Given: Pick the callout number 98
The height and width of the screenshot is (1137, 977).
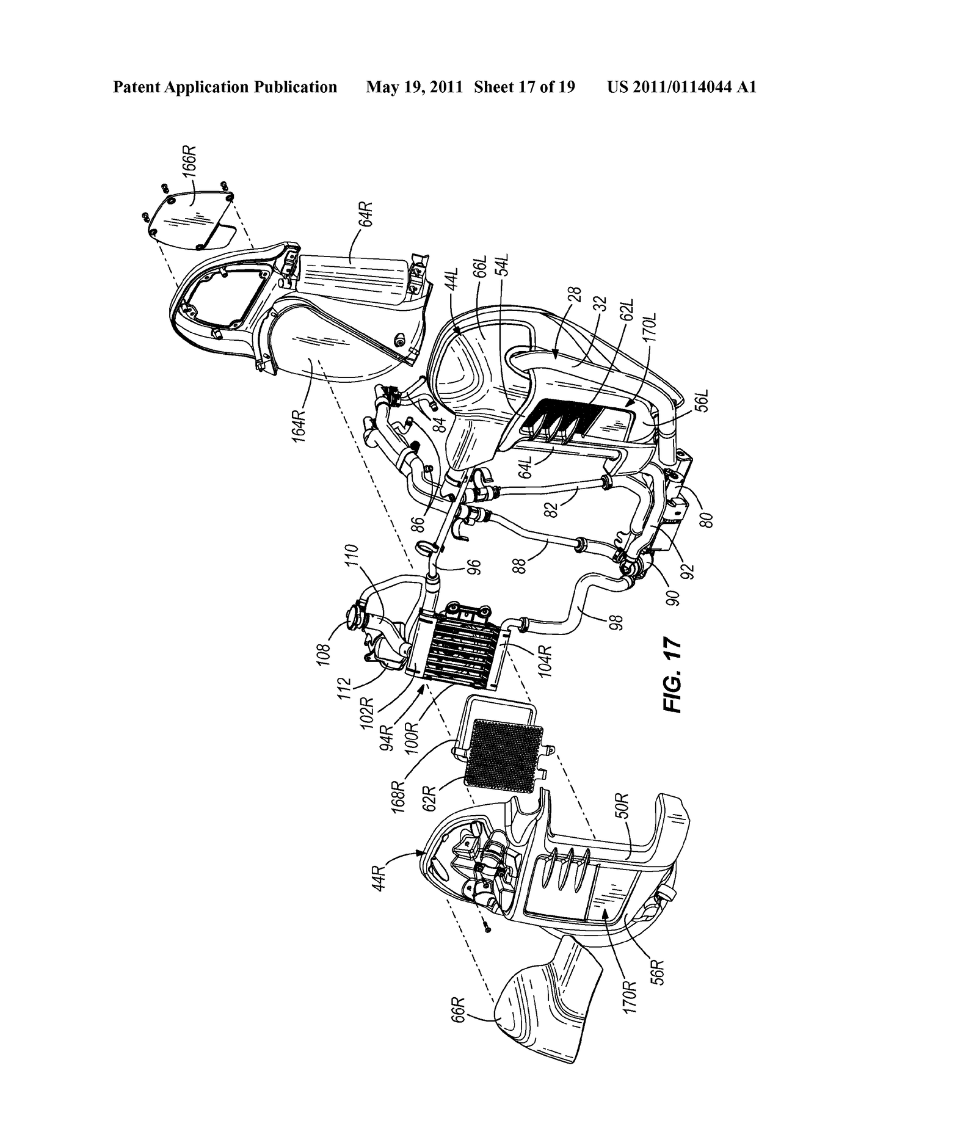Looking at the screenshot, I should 618,622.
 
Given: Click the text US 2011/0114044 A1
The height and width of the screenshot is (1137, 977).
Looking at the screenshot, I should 681,87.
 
